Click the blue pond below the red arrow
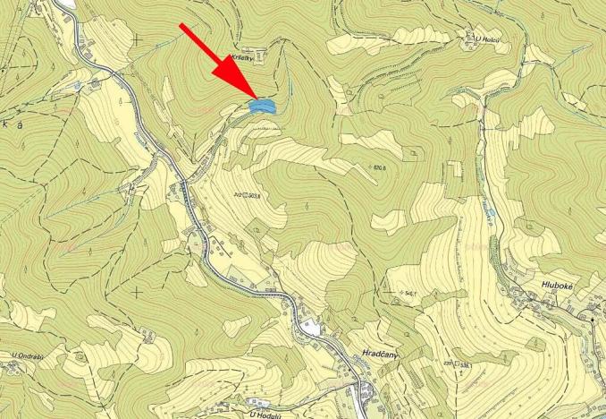pyautogui.click(x=261, y=106)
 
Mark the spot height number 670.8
pyautogui.click(x=385, y=167)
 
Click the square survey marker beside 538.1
pyautogui.click(x=457, y=364)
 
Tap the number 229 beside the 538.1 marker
pyautogui.click(x=447, y=363)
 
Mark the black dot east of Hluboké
pyautogui.click(x=592, y=319)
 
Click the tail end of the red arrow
pyautogui.click(x=182, y=27)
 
